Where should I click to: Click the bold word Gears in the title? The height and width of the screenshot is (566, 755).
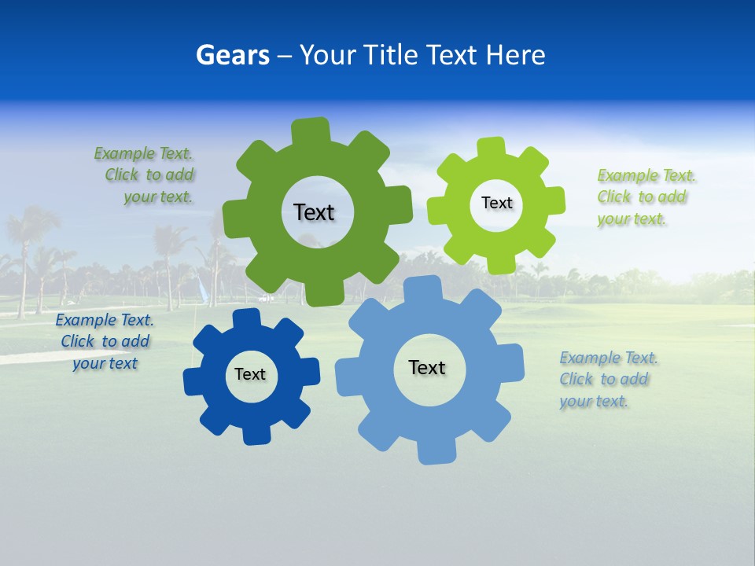232,55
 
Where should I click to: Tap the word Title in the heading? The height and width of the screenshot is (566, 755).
390,55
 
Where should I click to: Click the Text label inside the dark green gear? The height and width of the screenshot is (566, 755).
314,212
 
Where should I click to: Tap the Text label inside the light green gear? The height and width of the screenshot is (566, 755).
496,203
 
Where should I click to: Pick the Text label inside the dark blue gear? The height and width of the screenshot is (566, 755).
250,374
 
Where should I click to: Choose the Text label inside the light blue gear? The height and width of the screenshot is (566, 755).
427,367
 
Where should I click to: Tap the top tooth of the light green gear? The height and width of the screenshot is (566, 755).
492,149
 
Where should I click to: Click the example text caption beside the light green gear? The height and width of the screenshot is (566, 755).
645,197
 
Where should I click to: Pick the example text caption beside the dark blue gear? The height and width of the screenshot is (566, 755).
105,342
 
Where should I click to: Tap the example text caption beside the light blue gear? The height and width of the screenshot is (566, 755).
607,380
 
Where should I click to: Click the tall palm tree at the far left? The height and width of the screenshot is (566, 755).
24,236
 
